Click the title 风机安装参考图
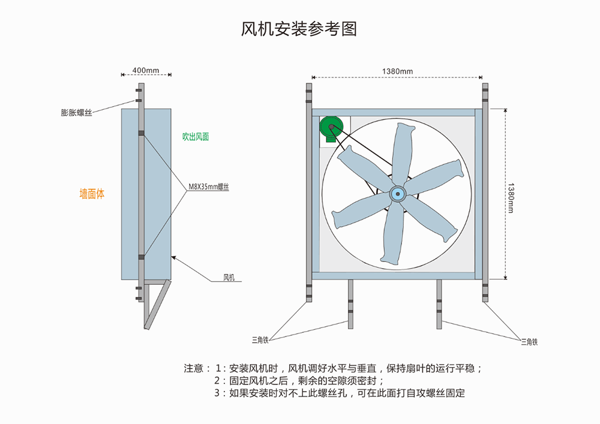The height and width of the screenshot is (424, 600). [299, 29]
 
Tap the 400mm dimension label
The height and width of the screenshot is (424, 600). [146, 70]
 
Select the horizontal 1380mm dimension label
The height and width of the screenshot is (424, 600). [397, 72]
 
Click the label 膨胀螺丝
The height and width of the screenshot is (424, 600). [76, 112]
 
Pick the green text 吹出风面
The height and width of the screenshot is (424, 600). [196, 137]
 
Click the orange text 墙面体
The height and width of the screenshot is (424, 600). [92, 194]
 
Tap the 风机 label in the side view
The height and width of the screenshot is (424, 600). [229, 277]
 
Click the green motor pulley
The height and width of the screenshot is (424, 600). [329, 127]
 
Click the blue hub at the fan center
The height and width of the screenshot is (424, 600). [397, 193]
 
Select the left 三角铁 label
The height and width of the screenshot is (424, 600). [260, 340]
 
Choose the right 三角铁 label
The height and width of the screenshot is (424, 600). [529, 342]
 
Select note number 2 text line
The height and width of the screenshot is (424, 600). [298, 381]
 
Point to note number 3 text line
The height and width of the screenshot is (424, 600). [339, 393]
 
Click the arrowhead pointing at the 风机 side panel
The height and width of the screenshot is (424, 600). [173, 257]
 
